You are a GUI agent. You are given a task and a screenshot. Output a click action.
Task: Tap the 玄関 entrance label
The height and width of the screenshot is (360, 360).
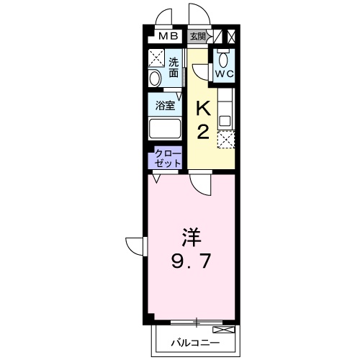tap(197, 36)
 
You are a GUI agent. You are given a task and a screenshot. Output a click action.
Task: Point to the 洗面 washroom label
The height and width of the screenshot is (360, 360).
tap(174, 66)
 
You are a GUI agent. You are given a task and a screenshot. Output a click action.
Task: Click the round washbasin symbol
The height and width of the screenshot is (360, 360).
tap(155, 78)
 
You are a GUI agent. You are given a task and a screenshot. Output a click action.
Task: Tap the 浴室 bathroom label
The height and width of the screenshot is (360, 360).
tap(166, 105)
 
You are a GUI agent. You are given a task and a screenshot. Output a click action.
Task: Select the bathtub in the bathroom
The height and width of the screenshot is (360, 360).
tap(165, 130)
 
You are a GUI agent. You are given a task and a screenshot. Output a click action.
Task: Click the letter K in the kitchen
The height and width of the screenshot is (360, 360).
tap(204, 108)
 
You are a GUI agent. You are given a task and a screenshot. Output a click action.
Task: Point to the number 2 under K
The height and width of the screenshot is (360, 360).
tap(204, 132)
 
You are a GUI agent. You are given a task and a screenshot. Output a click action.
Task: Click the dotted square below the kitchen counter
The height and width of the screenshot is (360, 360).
tap(227, 138)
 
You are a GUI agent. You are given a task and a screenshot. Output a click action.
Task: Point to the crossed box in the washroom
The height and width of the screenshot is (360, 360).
tap(156, 58)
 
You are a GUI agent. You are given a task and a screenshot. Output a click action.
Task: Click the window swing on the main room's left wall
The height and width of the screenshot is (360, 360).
tap(135, 246)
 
